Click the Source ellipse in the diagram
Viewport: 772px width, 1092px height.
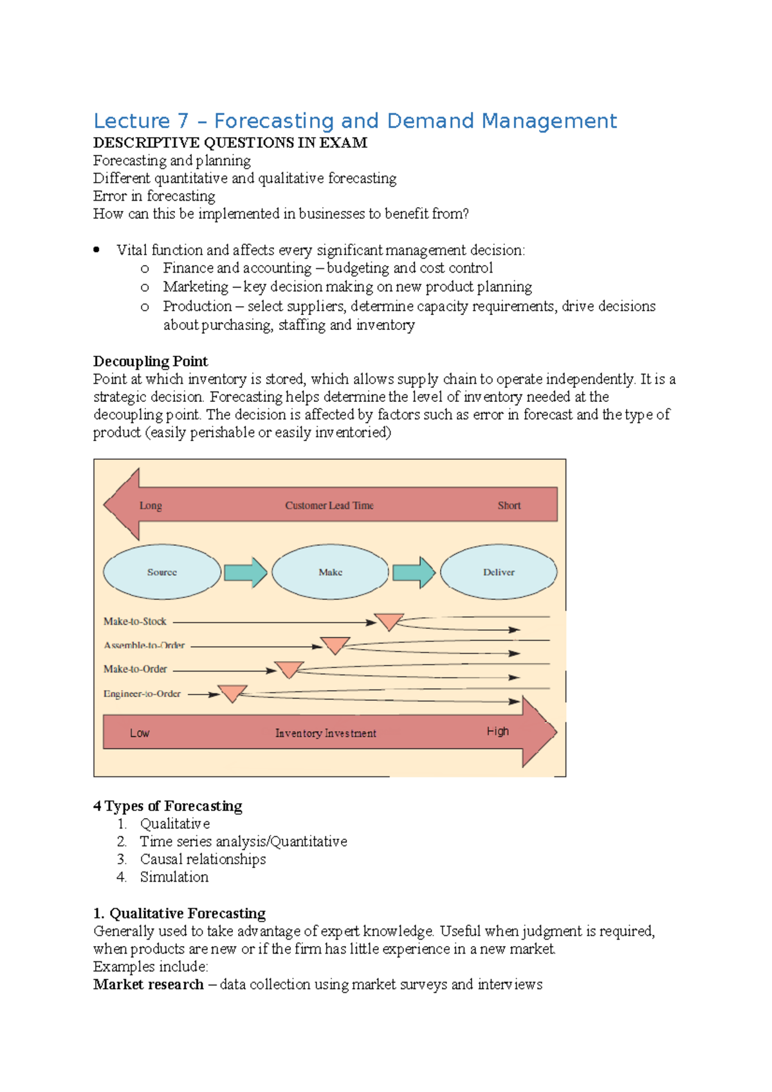tap(162, 572)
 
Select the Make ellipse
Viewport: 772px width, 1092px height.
tap(330, 572)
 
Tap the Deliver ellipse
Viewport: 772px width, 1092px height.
tap(499, 572)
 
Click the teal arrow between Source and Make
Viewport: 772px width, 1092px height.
tap(246, 572)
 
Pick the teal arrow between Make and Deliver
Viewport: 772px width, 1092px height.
tap(414, 572)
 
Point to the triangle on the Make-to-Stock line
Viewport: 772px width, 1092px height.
tap(389, 621)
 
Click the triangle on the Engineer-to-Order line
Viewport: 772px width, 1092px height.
tap(232, 693)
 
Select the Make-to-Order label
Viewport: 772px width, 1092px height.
tap(135, 669)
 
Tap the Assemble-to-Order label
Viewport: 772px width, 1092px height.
tap(144, 645)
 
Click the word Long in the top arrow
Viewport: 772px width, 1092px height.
tap(151, 505)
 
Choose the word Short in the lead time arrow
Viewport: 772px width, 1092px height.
tap(509, 505)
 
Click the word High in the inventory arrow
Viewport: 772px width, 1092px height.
tap(497, 731)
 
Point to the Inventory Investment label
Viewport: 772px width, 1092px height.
tap(326, 733)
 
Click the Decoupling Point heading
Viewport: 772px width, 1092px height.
tap(151, 361)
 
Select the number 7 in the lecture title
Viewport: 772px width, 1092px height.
tap(183, 121)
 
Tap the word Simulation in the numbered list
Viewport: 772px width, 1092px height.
tap(174, 877)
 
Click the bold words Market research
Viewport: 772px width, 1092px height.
tap(148, 984)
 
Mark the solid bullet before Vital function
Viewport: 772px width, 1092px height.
tap(96, 250)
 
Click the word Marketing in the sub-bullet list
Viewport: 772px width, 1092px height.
tap(196, 286)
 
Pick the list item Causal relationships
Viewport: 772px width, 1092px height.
tap(203, 859)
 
